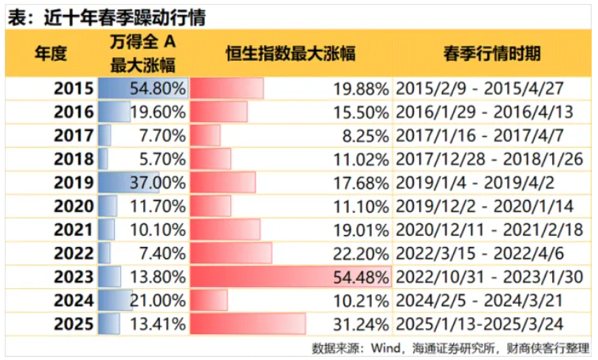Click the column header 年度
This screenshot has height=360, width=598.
(50, 54)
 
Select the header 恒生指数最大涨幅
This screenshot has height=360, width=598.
(290, 54)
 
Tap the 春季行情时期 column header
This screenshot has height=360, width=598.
(492, 54)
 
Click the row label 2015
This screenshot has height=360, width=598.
(74, 89)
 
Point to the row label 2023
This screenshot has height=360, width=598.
(74, 277)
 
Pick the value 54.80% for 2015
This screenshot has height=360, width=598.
(158, 89)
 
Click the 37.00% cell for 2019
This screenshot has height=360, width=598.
(158, 183)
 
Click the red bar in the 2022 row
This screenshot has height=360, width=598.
(231, 253)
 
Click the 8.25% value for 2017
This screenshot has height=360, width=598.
(365, 135)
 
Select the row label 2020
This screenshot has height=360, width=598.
(74, 207)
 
